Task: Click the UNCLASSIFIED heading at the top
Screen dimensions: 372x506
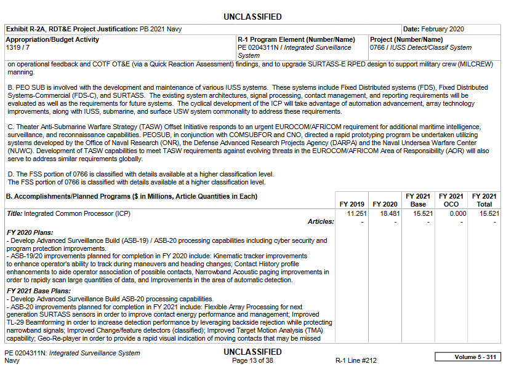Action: pos(252,17)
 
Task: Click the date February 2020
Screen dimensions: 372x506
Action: pos(443,29)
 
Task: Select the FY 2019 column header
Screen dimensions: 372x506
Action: pos(351,204)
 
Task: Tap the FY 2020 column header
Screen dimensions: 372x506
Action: pos(385,204)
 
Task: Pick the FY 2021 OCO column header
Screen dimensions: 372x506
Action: pos(451,200)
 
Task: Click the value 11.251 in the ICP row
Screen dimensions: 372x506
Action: pos(356,213)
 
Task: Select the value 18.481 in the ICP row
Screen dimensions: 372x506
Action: pos(390,213)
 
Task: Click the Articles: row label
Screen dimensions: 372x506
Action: pos(321,221)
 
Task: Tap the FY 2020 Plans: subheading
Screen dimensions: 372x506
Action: pos(29,232)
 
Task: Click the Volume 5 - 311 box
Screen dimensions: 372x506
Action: pos(467,357)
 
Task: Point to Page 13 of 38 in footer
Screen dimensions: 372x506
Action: pos(252,361)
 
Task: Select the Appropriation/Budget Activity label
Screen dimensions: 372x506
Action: pos(52,39)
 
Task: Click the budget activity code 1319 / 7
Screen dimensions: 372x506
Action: pos(18,47)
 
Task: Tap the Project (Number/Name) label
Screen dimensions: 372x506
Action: pos(407,39)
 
